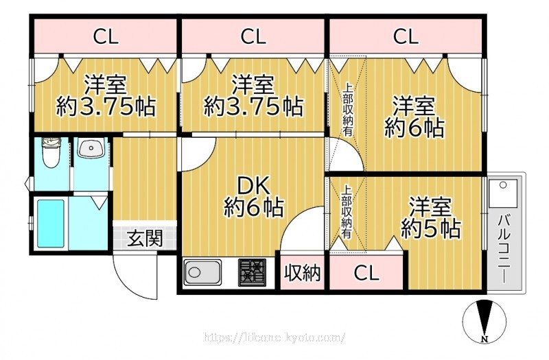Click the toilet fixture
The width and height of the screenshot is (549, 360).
pos(50,154)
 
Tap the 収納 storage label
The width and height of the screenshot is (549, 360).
pos(303,273)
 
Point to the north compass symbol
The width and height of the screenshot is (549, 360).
pos(485,322)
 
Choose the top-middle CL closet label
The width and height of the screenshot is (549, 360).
pos(253,36)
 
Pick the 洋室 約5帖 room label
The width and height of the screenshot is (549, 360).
pos(431,217)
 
